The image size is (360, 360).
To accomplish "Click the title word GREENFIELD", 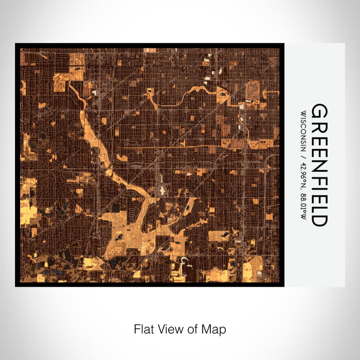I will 319,165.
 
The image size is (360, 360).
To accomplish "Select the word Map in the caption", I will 215,329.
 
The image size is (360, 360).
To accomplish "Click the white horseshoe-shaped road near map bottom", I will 184,264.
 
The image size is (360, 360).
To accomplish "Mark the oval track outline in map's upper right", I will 253,91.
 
